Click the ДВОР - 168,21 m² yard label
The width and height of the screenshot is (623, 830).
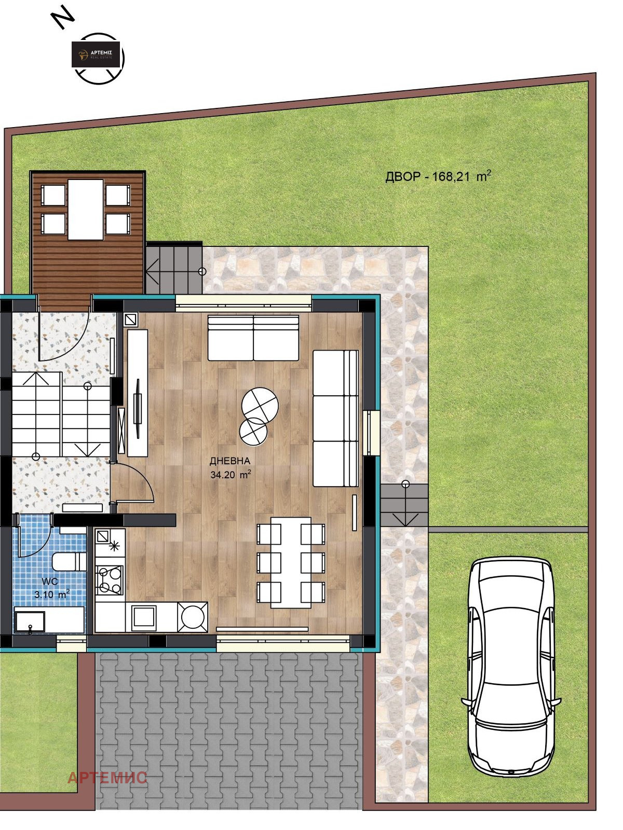coord(438,176)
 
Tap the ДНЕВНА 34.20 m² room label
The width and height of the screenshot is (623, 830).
coord(231,468)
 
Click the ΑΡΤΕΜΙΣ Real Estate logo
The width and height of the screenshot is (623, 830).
coord(96,54)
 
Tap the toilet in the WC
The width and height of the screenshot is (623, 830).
coord(69,561)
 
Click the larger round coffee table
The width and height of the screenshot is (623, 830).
coord(260,405)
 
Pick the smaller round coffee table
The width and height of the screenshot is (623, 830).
coord(253,431)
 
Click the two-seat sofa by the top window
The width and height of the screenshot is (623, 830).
coord(253,338)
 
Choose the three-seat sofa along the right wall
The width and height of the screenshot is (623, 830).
coord(335,418)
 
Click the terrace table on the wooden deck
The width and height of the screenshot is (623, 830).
coord(86,210)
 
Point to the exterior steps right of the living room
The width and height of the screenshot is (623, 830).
coord(404,505)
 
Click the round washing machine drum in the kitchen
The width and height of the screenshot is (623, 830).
coord(193,617)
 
